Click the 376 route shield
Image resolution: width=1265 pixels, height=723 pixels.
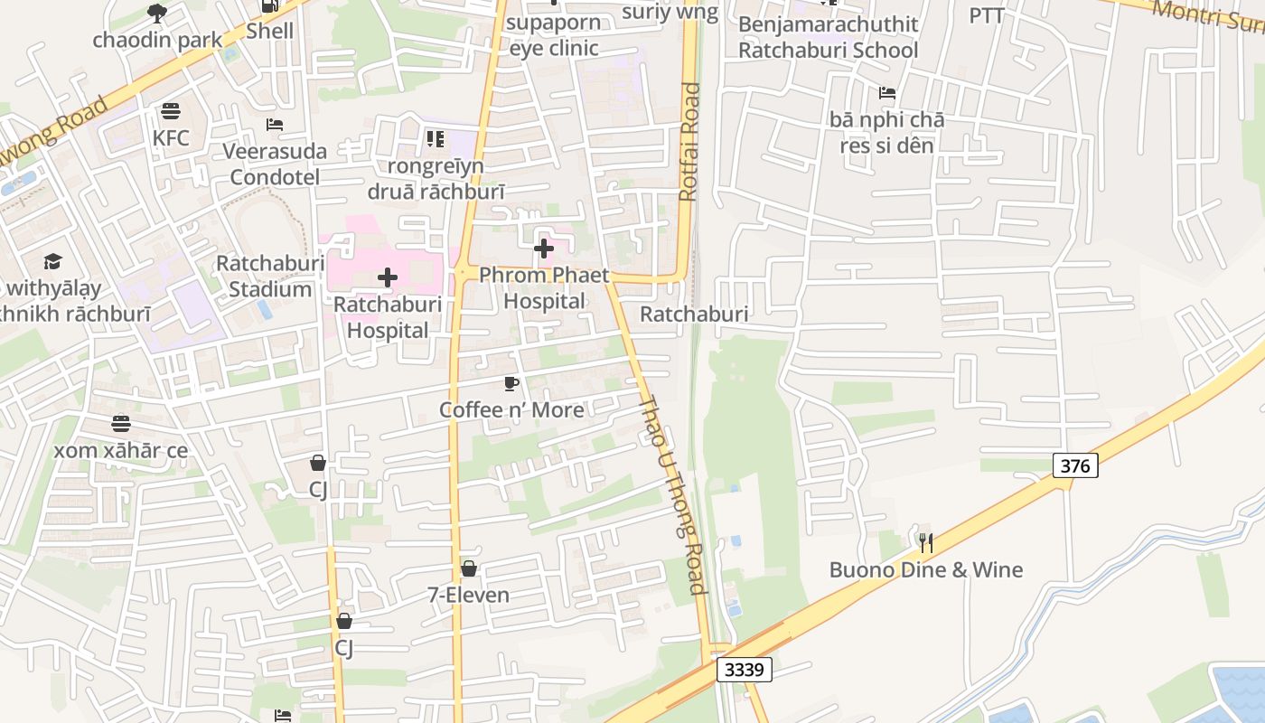coord(1075,465)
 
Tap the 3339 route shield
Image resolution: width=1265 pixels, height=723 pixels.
coord(745,670)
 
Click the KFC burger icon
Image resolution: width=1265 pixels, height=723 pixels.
coord(171,111)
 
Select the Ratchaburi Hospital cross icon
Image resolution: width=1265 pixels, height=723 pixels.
coord(388,277)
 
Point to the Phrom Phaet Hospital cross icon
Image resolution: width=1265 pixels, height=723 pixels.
coord(544,249)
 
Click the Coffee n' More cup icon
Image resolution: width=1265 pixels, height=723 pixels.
coord(511,384)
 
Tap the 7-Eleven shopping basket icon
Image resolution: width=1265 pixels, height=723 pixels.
coord(469,568)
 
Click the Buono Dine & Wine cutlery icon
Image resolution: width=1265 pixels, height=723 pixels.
coord(925,542)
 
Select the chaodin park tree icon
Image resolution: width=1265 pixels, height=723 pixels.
coord(157,13)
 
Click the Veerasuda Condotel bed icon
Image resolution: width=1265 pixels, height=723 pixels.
coord(275,125)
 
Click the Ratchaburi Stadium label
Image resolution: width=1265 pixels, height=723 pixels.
coord(269,277)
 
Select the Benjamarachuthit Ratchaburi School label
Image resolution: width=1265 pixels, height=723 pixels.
coord(828,37)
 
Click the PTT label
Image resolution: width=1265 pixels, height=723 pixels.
coord(987,15)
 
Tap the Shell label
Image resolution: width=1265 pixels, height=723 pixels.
coord(270,31)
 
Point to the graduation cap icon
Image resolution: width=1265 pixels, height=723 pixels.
coord(53,262)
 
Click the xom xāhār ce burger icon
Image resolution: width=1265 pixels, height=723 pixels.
coord(121,424)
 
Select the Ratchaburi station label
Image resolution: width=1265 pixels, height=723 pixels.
coord(694,314)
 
